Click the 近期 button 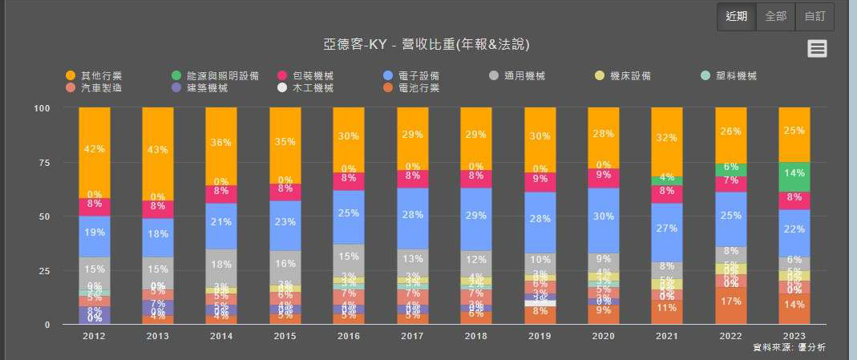tap(736, 16)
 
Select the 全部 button tap(775, 16)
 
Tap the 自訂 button tap(815, 16)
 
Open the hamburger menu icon tap(817, 49)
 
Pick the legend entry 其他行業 tap(95, 76)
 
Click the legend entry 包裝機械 tap(305, 76)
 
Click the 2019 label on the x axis tap(540, 336)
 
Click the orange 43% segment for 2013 tap(158, 151)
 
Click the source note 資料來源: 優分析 tap(789, 348)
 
